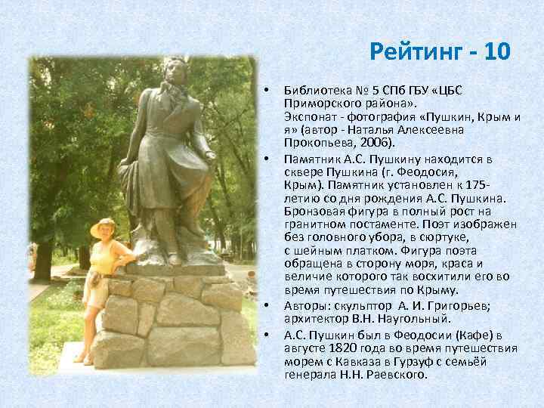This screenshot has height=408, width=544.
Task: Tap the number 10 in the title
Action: point(496,51)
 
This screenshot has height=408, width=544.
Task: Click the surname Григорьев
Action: point(459,305)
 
